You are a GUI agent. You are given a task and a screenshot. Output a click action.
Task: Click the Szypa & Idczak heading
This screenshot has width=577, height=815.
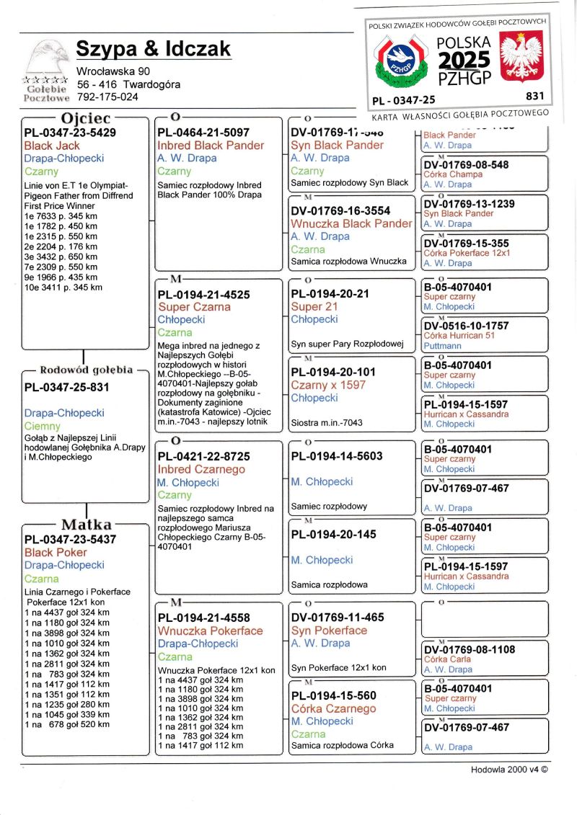tap(154, 49)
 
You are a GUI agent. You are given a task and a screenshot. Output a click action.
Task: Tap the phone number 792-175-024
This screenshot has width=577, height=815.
tap(107, 97)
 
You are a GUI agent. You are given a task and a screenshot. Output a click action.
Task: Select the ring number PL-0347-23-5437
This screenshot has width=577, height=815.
tap(70, 539)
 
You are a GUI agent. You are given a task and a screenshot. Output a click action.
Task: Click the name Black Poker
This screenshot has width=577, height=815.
tap(56, 553)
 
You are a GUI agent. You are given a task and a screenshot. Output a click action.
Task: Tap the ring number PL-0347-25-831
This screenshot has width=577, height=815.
tap(66, 387)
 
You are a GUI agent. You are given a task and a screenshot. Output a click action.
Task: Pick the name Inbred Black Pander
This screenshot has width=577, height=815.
tap(211, 146)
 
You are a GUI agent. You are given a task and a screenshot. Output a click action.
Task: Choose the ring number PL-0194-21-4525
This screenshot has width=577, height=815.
tap(203, 294)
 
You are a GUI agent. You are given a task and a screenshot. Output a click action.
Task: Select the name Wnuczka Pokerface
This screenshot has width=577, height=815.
tap(210, 631)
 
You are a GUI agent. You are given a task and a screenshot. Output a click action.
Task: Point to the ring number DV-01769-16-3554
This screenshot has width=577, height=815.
tap(340, 210)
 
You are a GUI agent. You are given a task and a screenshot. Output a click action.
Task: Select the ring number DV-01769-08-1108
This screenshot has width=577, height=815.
tap(469, 649)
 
